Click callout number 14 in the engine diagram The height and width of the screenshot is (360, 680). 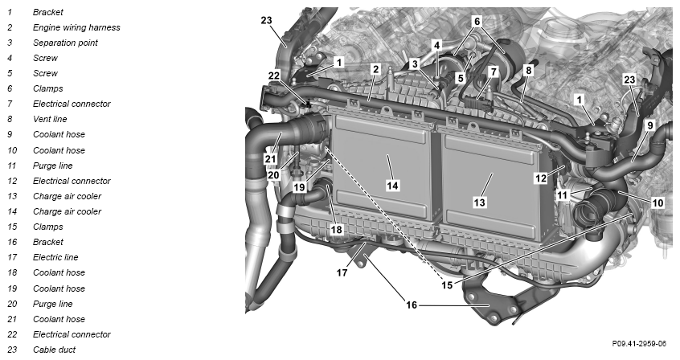[x=392, y=186]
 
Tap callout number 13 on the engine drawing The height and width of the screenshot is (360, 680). [x=479, y=202]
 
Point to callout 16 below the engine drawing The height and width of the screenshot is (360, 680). [x=411, y=305]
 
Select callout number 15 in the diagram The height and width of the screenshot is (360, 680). [x=447, y=285]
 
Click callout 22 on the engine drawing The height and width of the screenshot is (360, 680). [x=274, y=76]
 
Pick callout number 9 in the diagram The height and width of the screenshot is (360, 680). [x=650, y=126]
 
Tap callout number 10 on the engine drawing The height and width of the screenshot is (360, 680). [x=657, y=202]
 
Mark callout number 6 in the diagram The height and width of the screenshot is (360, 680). [x=477, y=21]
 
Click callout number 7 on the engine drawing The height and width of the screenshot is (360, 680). [x=494, y=72]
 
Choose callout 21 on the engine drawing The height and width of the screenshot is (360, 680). [x=271, y=159]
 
